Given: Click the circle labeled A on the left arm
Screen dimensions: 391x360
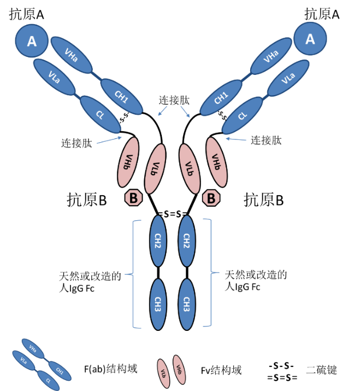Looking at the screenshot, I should point(32,41).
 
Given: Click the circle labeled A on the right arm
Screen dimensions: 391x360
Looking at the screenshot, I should point(310,39).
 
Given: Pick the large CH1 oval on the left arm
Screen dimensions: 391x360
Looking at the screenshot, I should point(121,96).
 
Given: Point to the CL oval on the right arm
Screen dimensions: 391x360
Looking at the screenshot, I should point(242,115).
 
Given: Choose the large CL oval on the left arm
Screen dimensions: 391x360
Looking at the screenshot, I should point(100,114).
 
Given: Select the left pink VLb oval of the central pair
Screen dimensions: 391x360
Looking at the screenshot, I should point(155,168).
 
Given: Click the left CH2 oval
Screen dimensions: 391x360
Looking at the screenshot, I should point(158,241).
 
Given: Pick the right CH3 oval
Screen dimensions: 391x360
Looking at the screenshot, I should point(186,304).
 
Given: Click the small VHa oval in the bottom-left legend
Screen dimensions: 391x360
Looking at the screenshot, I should point(33,348).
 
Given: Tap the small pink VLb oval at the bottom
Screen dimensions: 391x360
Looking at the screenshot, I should point(163,374).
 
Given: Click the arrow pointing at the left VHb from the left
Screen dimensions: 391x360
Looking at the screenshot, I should point(109,141).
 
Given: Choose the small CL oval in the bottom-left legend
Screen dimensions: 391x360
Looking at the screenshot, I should point(48,380).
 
